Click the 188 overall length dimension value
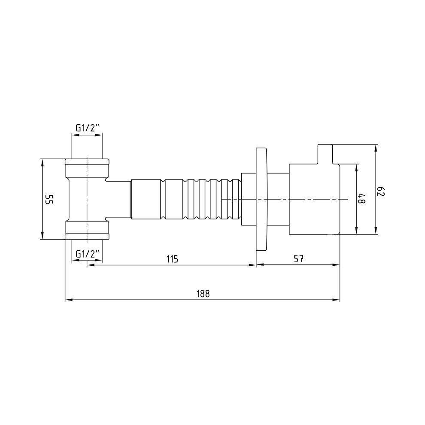coord(203,294)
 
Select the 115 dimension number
coord(173,259)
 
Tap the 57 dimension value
coord(298,259)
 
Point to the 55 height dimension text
coord(49,199)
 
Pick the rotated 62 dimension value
coord(381,191)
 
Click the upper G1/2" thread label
coord(87,128)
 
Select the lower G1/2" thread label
coord(87,254)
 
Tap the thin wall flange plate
coord(261,199)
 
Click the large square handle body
coord(314,199)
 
